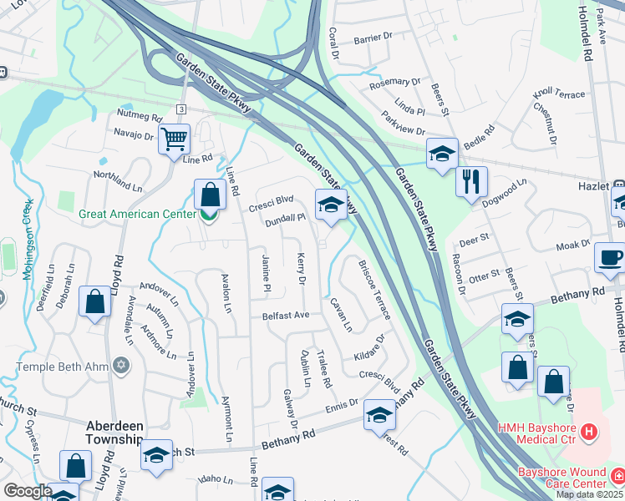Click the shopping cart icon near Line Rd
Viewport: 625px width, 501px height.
(x=175, y=139)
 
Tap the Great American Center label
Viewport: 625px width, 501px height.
(x=130, y=214)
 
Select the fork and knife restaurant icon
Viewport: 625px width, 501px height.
(x=471, y=180)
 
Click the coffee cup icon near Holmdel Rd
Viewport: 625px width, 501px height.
(x=609, y=256)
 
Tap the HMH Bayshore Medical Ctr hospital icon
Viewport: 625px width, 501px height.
(x=590, y=432)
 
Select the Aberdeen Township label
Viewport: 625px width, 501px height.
(x=115, y=433)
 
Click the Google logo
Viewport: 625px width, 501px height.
(x=27, y=491)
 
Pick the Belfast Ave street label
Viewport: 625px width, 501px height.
(x=286, y=316)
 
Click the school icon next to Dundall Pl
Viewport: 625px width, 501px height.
(x=331, y=204)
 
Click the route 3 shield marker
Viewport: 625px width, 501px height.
(x=180, y=110)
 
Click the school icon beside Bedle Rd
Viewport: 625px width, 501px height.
(x=442, y=154)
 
